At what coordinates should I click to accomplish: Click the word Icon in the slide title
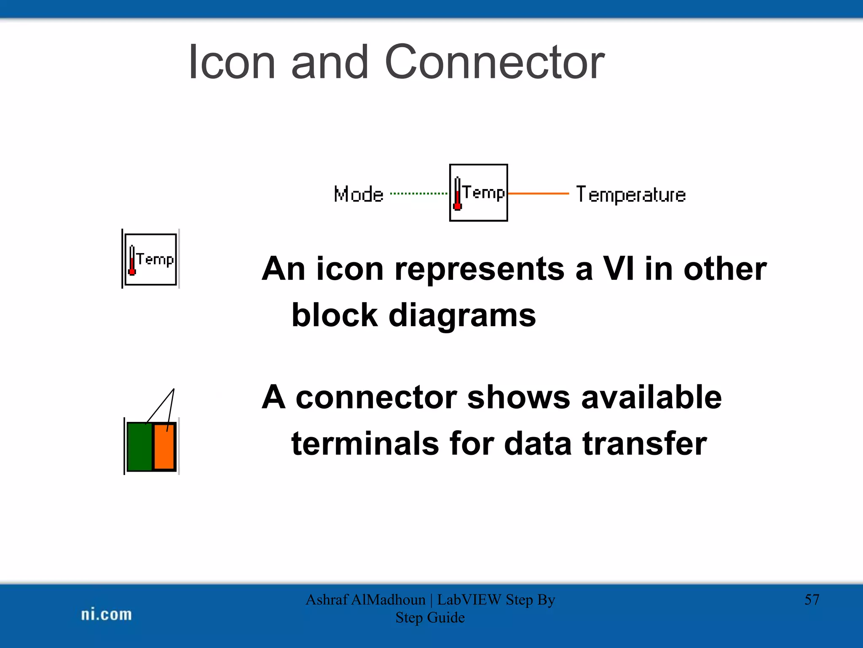(x=231, y=62)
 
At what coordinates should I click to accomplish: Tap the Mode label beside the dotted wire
(x=359, y=194)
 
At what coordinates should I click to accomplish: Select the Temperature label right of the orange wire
(x=631, y=195)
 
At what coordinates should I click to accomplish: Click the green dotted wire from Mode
(x=419, y=194)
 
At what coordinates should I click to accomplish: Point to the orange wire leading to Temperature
(x=538, y=194)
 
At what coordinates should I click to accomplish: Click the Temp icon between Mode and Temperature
(x=478, y=193)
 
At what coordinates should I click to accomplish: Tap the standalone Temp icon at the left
(x=150, y=259)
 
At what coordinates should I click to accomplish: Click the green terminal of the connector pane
(x=139, y=446)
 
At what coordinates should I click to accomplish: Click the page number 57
(x=812, y=599)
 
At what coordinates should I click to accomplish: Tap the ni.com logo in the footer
(x=106, y=614)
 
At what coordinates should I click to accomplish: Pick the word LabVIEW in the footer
(x=469, y=599)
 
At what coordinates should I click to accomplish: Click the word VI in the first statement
(x=618, y=269)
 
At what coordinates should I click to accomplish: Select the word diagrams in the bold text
(x=462, y=315)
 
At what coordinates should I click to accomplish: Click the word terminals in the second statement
(x=365, y=443)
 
